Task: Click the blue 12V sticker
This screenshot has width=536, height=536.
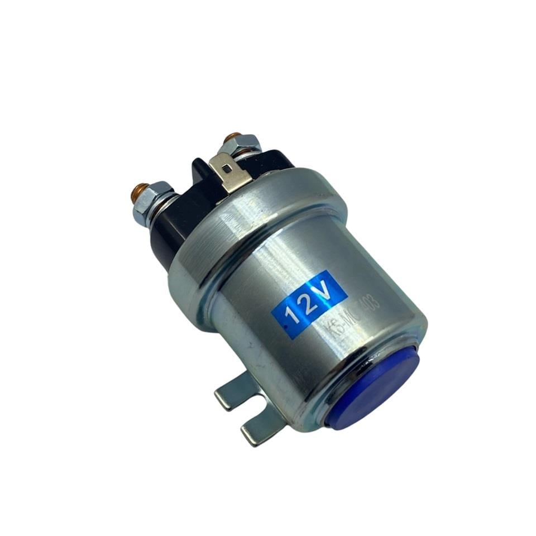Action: (x=309, y=304)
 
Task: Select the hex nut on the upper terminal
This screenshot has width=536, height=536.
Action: (x=239, y=146)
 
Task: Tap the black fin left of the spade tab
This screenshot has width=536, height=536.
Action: (x=200, y=170)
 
